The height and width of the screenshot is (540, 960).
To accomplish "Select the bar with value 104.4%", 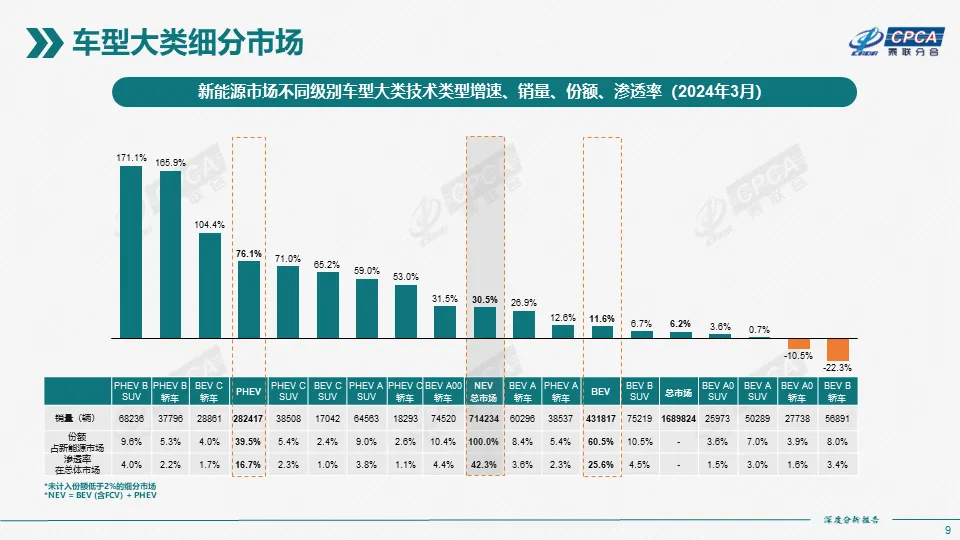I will [209, 286].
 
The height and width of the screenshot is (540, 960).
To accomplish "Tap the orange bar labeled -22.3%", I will [837, 349].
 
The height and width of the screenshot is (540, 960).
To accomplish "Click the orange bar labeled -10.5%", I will [798, 343].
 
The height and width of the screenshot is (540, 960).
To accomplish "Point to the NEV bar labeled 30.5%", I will [484, 323].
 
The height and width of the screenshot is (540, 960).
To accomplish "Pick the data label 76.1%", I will [248, 254].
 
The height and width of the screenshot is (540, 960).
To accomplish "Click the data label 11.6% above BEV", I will [601, 318].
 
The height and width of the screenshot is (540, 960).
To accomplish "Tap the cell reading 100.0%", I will [484, 440].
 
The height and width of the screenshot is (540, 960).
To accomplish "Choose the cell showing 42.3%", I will [484, 464].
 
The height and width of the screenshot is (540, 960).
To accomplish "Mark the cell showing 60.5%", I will [601, 440].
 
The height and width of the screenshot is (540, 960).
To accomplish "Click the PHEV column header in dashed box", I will [248, 390].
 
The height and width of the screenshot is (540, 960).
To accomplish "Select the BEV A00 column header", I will [444, 390].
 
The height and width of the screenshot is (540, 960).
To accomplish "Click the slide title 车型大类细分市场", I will [190, 43].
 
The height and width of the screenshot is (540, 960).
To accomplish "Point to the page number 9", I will [947, 530].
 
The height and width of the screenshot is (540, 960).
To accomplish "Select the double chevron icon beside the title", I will [41, 43].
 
